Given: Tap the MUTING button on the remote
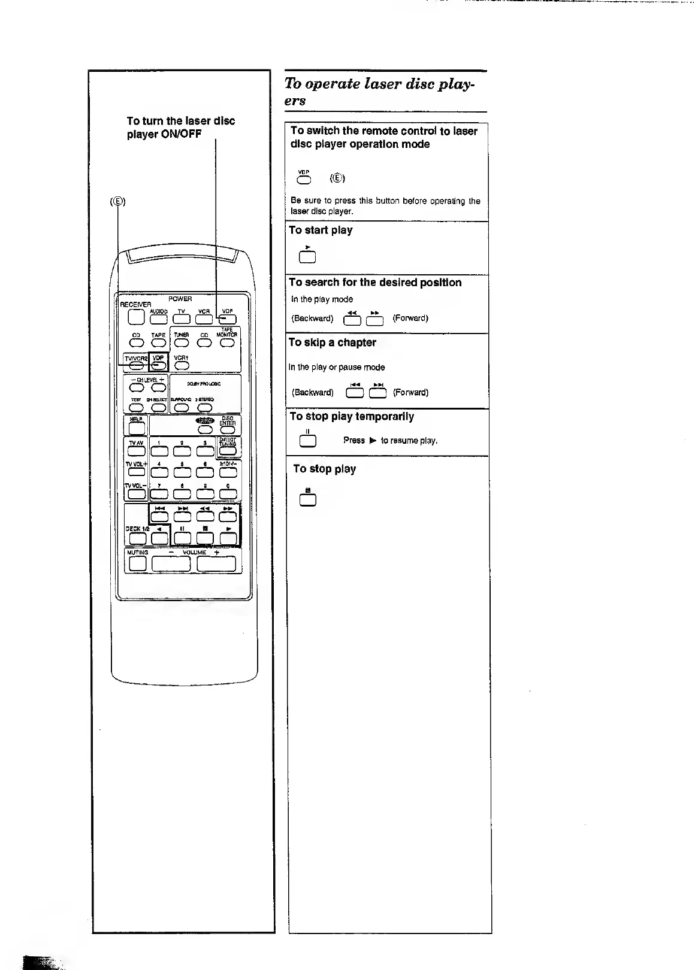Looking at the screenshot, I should (x=138, y=563).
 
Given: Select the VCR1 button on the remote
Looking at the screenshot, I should (x=182, y=365).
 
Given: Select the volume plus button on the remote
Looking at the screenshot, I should (x=216, y=563).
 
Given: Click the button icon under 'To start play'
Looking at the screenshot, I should (x=307, y=257).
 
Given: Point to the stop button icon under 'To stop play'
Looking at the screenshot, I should (x=308, y=500).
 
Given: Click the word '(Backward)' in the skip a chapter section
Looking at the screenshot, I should (x=312, y=393).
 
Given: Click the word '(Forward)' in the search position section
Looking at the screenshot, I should (x=410, y=318).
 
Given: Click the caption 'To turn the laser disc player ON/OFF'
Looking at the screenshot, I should (x=181, y=127).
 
